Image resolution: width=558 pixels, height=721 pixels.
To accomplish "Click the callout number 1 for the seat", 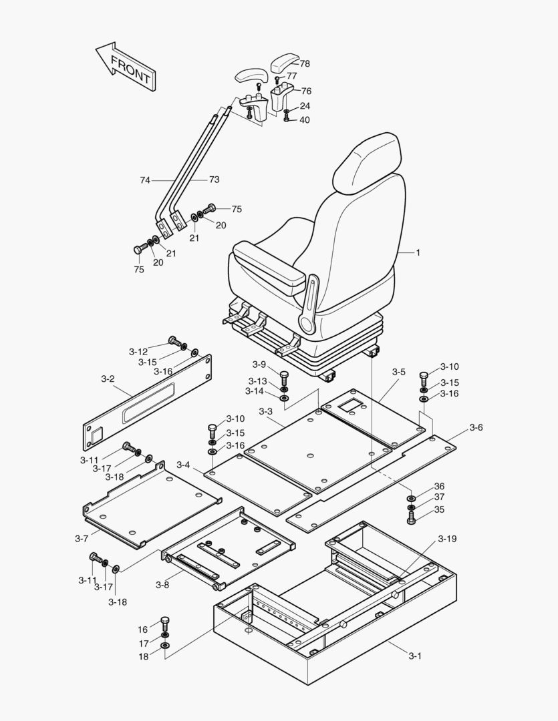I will click(x=418, y=253).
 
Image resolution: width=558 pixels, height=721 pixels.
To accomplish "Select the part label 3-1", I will click(x=415, y=656).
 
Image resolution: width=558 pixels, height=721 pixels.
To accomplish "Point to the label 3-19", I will click(x=448, y=539).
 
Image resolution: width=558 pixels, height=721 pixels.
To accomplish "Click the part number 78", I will click(x=305, y=64).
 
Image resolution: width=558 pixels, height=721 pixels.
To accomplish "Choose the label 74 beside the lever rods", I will click(x=145, y=180).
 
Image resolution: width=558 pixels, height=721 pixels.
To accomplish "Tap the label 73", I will click(x=214, y=180).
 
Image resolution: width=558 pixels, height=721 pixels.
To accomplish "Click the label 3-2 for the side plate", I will click(x=108, y=379).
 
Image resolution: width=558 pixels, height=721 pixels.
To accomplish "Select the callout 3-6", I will click(x=476, y=427).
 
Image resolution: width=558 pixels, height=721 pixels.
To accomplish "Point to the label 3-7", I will click(x=82, y=538).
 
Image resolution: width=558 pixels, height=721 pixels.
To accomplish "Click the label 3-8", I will click(x=162, y=585).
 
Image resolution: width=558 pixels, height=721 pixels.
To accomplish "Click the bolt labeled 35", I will click(x=410, y=516).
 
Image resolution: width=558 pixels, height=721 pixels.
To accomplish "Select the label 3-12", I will click(x=138, y=351).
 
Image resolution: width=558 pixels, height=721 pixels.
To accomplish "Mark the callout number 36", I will click(x=439, y=486).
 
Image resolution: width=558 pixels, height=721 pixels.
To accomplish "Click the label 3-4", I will click(x=183, y=465).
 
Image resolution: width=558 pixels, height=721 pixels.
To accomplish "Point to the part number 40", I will click(x=305, y=120).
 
